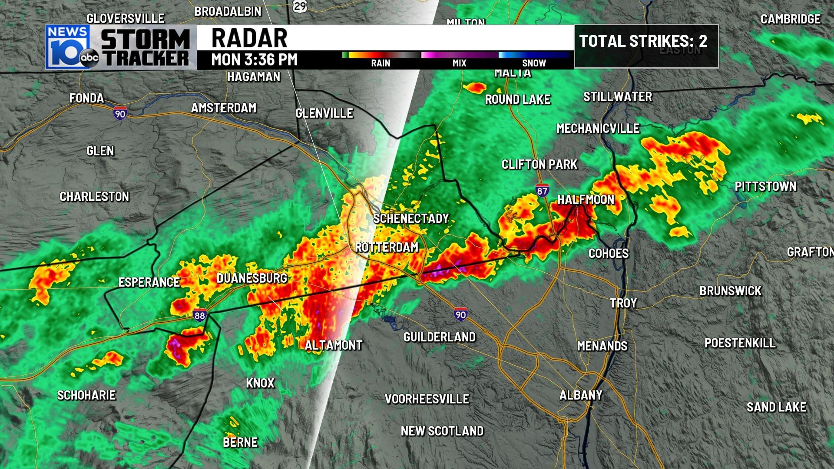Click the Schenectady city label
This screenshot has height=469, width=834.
tap(411, 218)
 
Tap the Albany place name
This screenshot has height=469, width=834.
tap(581, 395)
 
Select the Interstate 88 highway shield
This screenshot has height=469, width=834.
tap(200, 315)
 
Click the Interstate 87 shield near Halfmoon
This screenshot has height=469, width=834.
tap(542, 191)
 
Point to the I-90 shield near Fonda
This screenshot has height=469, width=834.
tap(120, 113)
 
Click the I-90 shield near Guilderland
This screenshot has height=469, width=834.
tap(460, 314)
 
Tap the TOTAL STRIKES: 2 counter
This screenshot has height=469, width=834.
tap(643, 41)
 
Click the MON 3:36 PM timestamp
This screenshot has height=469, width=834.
tap(254, 59)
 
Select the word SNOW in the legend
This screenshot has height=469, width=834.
tap(534, 63)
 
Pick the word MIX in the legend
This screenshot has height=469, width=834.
tap(459, 63)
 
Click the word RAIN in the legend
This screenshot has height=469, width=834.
tap(381, 63)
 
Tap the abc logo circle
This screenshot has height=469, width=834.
tap(89, 57)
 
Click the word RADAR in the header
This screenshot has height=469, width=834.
tap(249, 38)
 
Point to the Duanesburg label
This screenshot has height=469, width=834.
tap(252, 278)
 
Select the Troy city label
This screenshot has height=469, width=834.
tap(623, 303)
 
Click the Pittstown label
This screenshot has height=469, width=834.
tap(765, 186)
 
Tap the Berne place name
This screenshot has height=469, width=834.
tap(240, 442)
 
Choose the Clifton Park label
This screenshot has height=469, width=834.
tap(539, 165)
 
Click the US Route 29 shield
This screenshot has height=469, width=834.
tap(300, 6)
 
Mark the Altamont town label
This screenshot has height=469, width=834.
tap(333, 345)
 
